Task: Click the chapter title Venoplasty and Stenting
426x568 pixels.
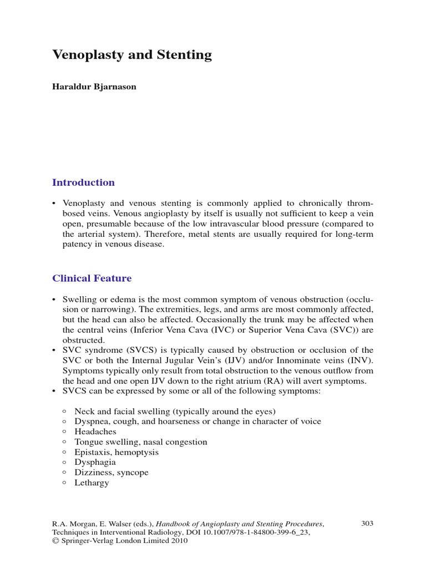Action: (132, 55)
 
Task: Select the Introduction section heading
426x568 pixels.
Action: (83, 182)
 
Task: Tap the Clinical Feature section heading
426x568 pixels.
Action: (92, 278)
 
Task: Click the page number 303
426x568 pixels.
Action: (367, 523)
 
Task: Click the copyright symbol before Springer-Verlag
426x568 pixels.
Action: (55, 541)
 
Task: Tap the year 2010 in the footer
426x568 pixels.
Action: (179, 541)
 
